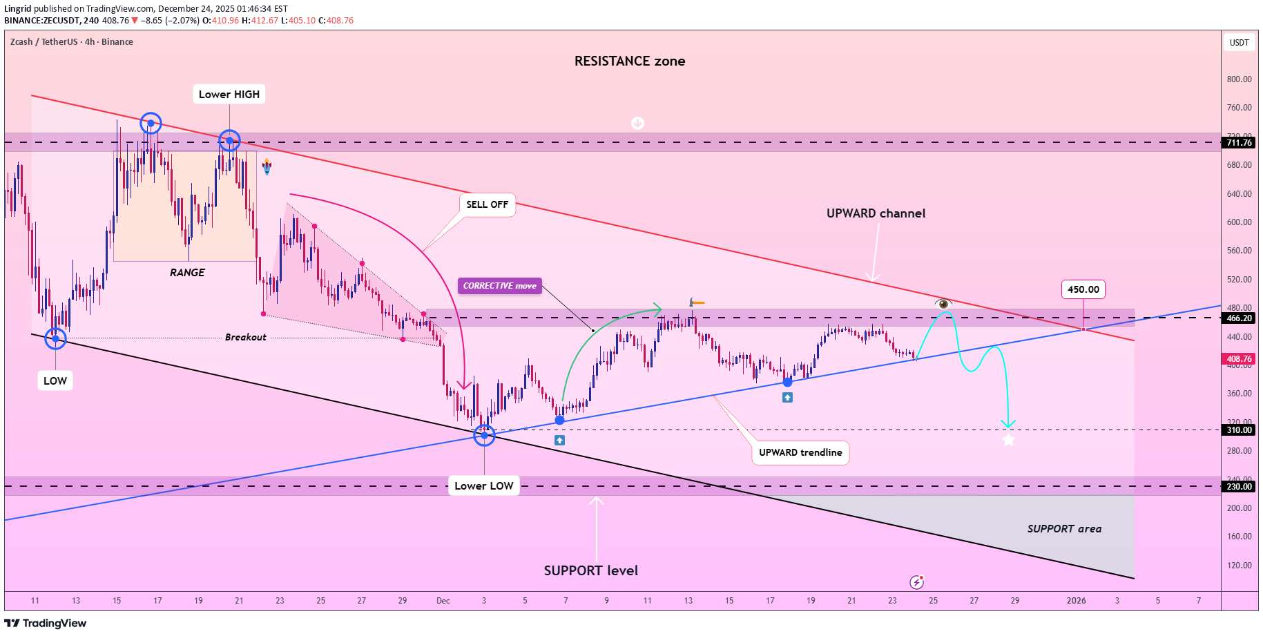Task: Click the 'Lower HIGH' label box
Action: click(x=229, y=95)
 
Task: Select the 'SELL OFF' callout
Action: click(x=487, y=204)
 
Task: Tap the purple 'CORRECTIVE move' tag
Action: click(x=499, y=286)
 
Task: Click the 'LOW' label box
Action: click(x=55, y=380)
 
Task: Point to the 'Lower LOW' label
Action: click(x=483, y=485)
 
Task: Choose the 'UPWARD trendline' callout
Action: click(x=800, y=452)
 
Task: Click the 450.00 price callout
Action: click(x=1083, y=289)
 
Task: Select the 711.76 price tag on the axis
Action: click(x=1239, y=143)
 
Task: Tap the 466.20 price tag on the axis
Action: click(x=1239, y=318)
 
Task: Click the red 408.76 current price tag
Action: click(x=1239, y=359)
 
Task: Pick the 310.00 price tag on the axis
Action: click(x=1239, y=430)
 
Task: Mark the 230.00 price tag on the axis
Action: click(x=1239, y=487)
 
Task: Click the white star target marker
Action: click(x=1008, y=440)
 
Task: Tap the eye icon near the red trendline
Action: click(x=943, y=303)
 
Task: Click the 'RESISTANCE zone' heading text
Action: click(x=630, y=61)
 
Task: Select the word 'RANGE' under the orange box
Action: click(x=187, y=273)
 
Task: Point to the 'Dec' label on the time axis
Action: click(x=443, y=601)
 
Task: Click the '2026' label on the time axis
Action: click(x=1076, y=601)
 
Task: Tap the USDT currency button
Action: click(x=1239, y=43)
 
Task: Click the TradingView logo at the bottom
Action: click(x=46, y=624)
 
